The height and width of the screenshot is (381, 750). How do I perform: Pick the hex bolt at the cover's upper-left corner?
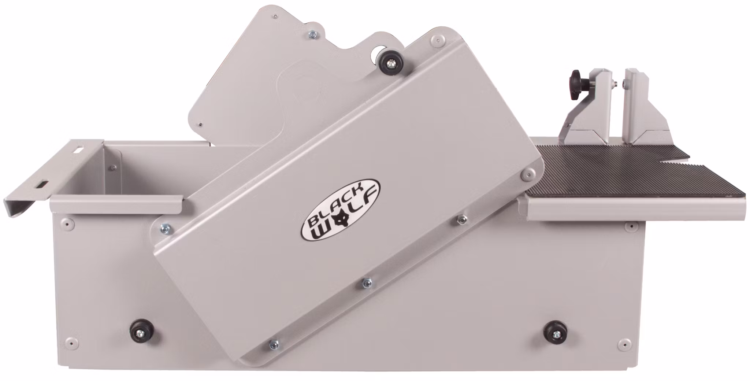pos(164,229)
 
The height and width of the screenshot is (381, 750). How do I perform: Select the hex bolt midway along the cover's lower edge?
pos(367,282)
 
